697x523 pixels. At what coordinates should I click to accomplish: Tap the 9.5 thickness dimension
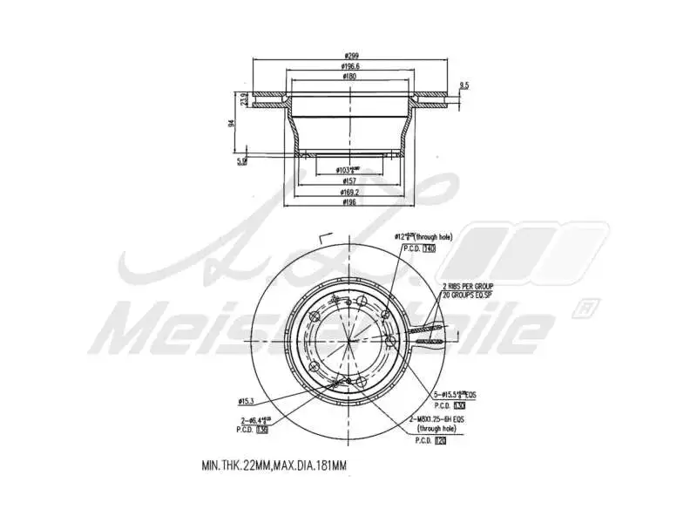(x=464, y=85)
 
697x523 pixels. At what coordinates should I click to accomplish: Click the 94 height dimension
(x=232, y=122)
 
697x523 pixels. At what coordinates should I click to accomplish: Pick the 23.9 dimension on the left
(x=245, y=99)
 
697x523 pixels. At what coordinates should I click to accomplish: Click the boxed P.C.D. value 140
(x=429, y=249)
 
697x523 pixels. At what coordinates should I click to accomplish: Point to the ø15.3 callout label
(x=247, y=401)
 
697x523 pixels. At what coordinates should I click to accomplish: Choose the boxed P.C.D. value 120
(x=440, y=440)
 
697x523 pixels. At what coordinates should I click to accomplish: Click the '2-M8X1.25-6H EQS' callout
(x=444, y=419)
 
